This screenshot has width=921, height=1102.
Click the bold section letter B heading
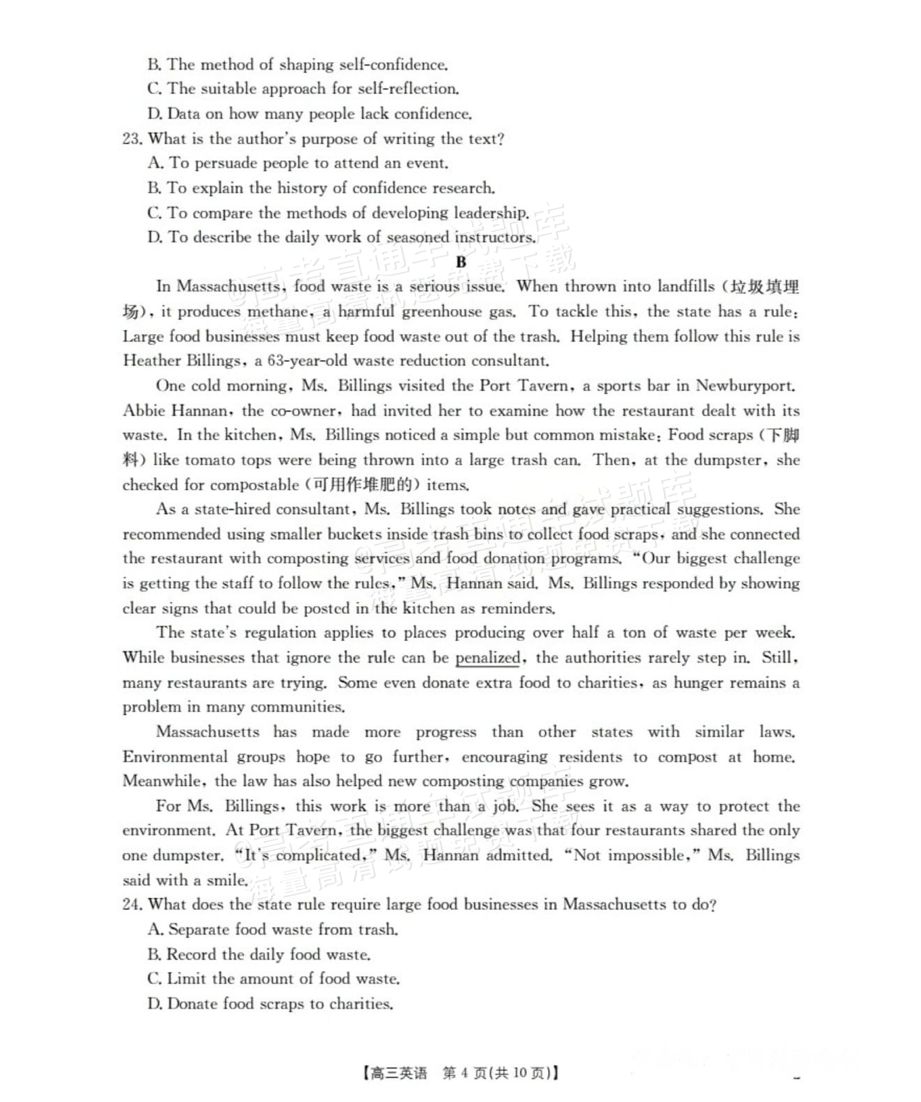point(461,262)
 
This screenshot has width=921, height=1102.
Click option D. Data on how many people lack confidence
point(310,114)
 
